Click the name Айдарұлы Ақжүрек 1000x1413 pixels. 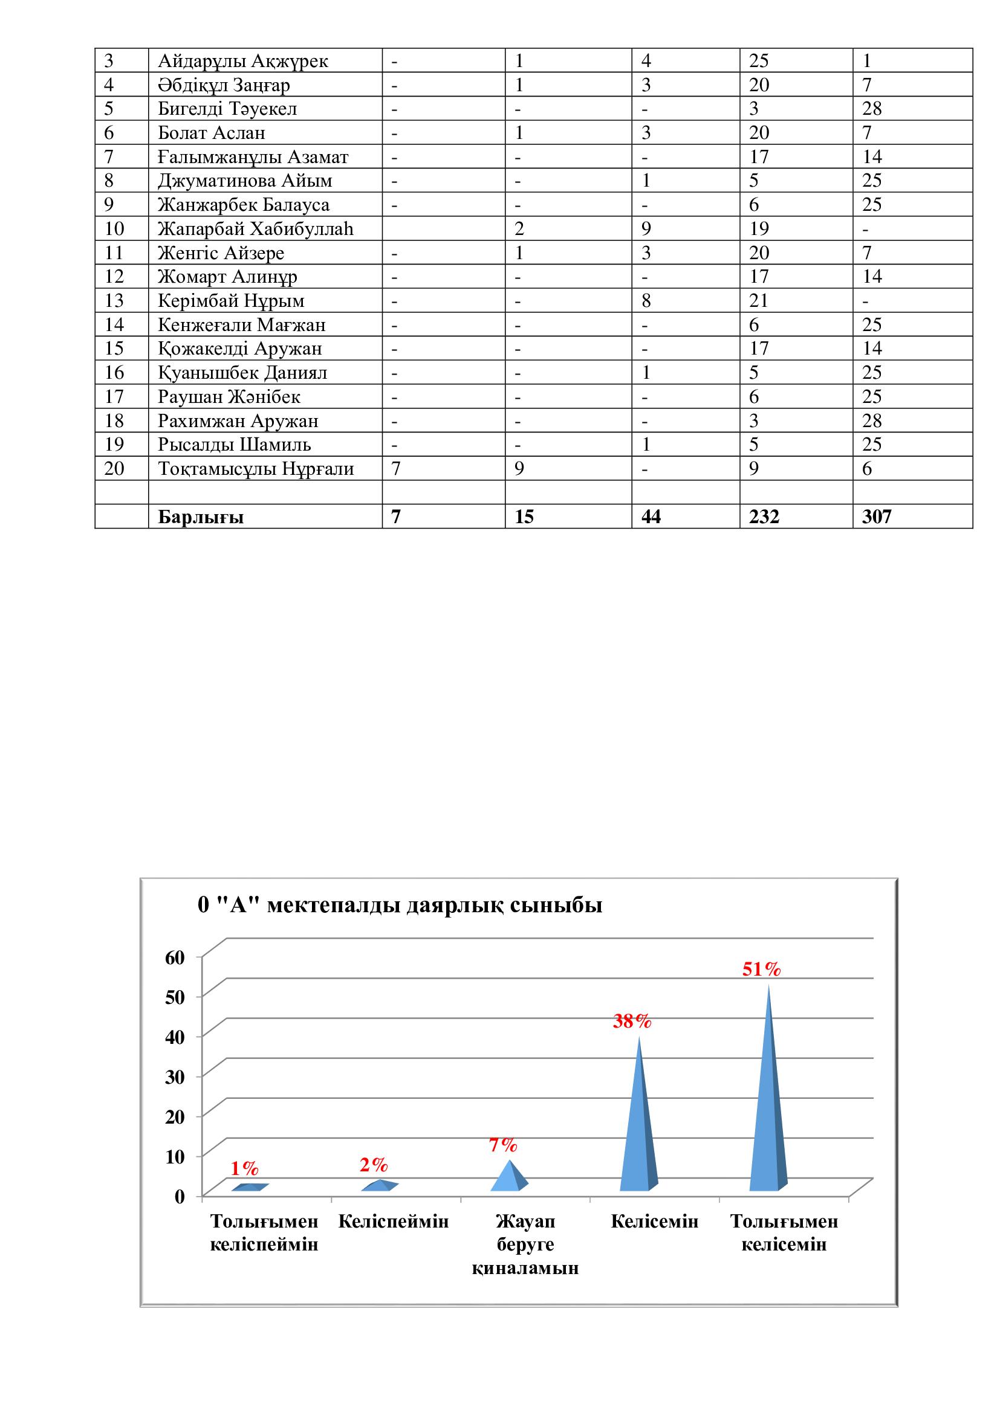[242, 61]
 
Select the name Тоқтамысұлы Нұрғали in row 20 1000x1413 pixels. [256, 469]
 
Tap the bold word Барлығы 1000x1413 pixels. [201, 517]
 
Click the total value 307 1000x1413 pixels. [876, 517]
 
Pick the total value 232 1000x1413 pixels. [764, 517]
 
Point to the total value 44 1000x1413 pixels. [651, 517]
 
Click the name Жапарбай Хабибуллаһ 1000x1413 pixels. [256, 229]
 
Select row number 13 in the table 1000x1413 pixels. [114, 301]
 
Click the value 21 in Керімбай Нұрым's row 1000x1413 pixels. [759, 301]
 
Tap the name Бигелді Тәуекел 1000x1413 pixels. [227, 109]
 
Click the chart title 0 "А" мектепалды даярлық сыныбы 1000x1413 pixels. [400, 906]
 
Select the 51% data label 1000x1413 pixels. [761, 969]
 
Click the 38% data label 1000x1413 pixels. [632, 1022]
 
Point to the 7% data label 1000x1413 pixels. [503, 1145]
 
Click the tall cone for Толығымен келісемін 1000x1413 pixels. [768, 1108]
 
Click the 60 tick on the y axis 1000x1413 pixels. [175, 958]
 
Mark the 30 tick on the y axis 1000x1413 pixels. [175, 1077]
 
